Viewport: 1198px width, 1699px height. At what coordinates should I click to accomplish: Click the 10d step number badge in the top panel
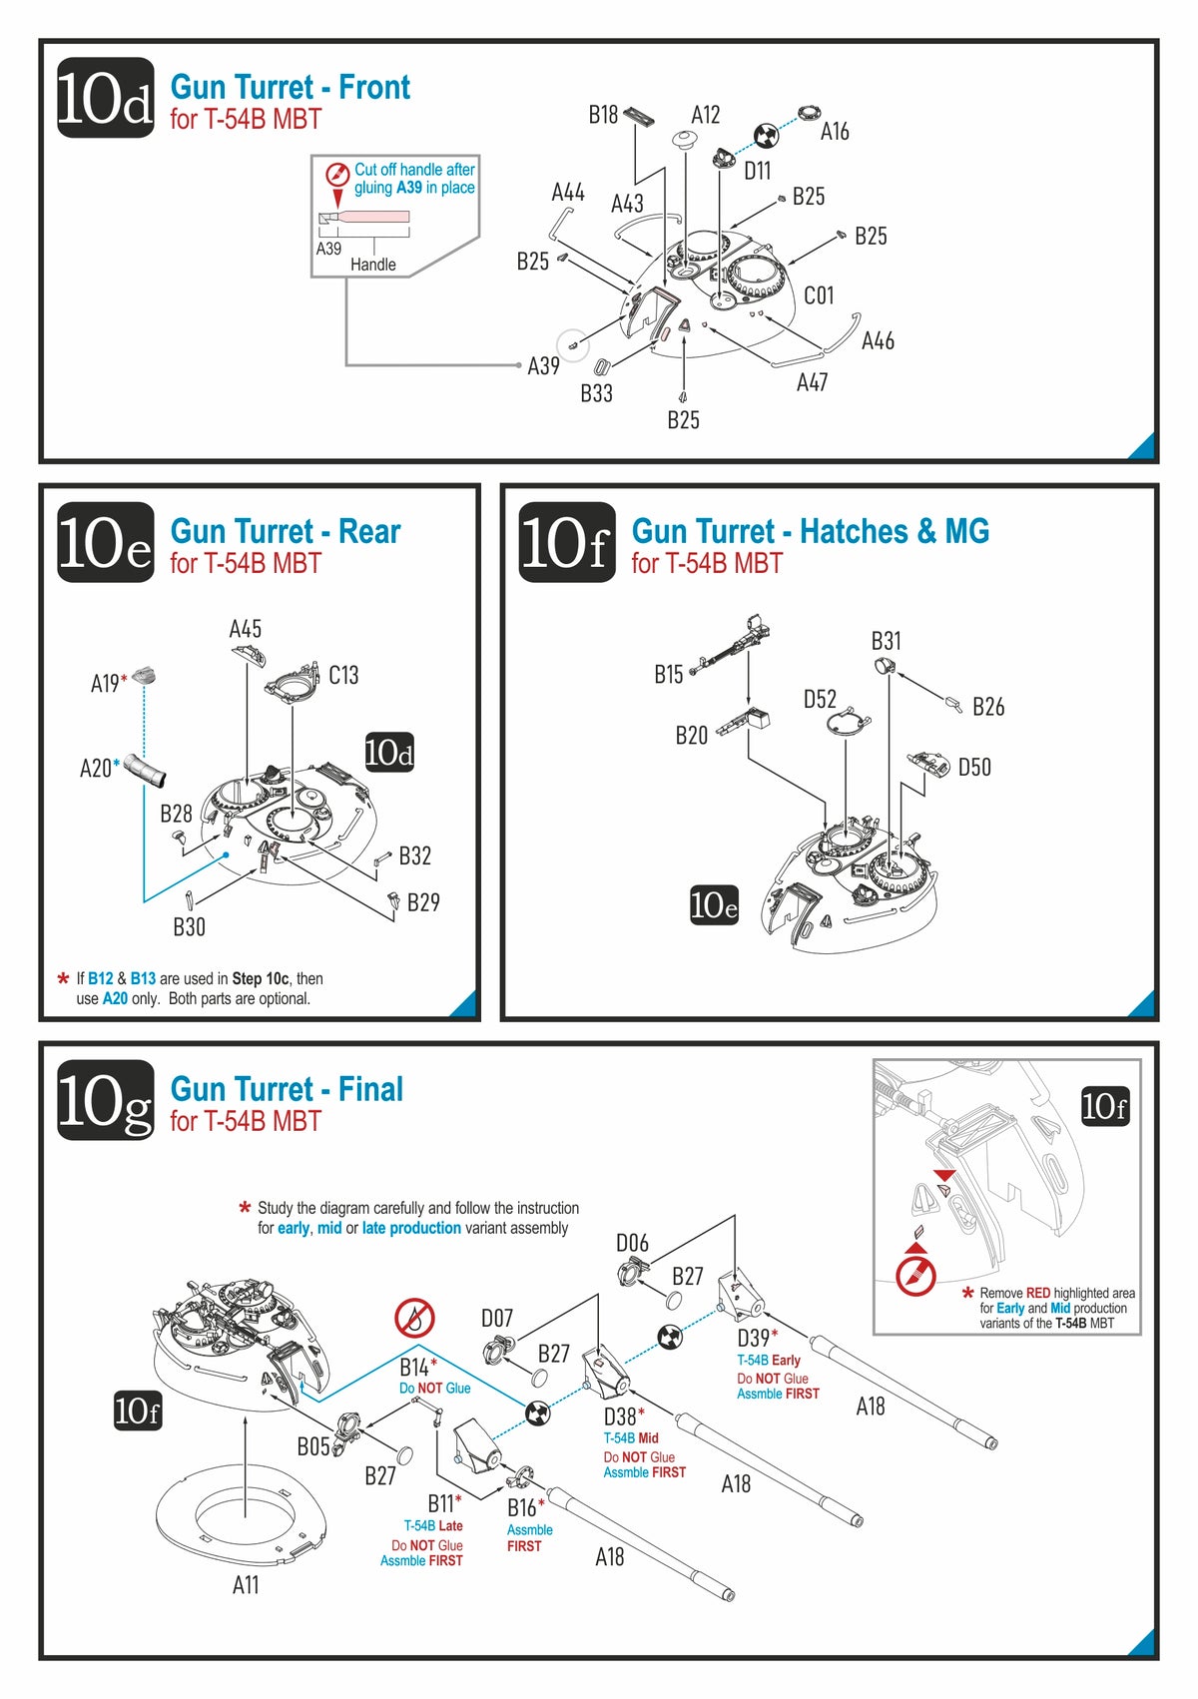[105, 98]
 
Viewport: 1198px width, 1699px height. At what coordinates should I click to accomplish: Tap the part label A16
[835, 132]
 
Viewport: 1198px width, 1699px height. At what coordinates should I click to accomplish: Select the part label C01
[819, 295]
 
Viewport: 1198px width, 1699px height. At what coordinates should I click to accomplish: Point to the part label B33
[596, 393]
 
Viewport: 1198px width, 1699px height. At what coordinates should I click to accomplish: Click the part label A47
[812, 382]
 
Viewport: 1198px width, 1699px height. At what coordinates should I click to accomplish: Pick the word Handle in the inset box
[372, 265]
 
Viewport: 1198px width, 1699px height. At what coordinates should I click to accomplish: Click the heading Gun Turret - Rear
[285, 531]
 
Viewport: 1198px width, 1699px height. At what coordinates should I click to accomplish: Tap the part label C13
[343, 676]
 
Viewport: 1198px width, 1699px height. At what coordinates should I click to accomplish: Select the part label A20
[96, 768]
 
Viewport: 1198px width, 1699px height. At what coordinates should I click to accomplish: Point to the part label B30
[189, 927]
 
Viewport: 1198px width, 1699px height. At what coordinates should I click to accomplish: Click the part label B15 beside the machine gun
[668, 675]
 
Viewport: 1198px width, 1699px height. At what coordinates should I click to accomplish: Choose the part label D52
[820, 699]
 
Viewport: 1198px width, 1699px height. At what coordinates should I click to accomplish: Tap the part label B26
[988, 707]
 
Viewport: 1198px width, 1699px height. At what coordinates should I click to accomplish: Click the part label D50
[974, 768]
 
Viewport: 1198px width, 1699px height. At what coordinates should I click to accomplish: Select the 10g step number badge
[105, 1100]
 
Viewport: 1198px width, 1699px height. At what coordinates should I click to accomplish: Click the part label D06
[632, 1243]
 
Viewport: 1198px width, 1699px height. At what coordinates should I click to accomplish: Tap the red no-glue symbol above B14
[414, 1319]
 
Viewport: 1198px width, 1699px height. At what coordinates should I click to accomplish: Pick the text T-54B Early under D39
[768, 1361]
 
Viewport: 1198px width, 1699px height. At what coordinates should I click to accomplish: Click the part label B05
[312, 1446]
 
